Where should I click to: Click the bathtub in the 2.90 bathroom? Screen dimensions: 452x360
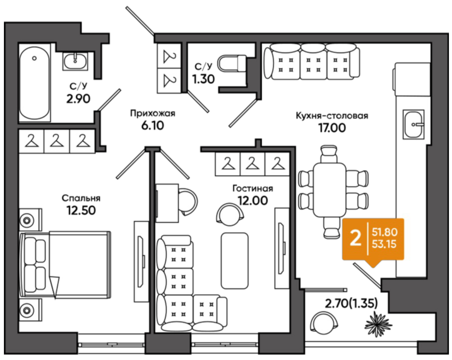coord(35,83)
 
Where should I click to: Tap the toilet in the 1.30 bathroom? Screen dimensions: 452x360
coord(232,63)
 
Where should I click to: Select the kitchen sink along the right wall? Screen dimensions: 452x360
coord(413,124)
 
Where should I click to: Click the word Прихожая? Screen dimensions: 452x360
coord(153,114)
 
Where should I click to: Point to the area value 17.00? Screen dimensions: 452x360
coord(332,128)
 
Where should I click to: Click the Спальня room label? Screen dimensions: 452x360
coord(81,198)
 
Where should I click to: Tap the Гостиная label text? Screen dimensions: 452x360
coord(253,188)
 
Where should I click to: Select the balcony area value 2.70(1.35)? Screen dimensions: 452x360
coord(351,304)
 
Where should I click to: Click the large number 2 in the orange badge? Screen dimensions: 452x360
coord(355,239)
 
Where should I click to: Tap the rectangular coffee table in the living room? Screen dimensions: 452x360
coord(234,261)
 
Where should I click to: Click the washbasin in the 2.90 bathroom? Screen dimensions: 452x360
coord(75,61)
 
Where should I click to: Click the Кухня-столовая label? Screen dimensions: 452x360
coord(332,116)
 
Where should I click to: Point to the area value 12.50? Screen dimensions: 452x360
coord(81,210)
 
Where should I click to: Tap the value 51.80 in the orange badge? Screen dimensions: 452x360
coord(385,232)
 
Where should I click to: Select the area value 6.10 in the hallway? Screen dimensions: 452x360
coord(153,126)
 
